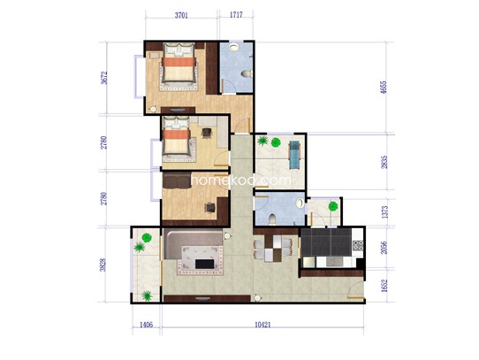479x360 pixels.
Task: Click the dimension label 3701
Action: pos(181,15)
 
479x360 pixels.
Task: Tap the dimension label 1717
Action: pos(236,15)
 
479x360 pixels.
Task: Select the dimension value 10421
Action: pos(262,325)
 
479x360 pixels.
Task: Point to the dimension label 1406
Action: pos(146,325)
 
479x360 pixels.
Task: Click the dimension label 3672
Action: pos(104,78)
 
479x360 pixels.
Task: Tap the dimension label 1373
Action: pos(384,212)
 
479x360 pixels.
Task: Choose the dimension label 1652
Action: pos(384,286)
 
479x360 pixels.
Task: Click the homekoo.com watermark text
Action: pos(241,180)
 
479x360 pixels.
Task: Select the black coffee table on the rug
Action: pos(205,264)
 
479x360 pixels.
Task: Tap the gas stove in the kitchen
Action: pos(358,245)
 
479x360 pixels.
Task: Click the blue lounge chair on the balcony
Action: pos(295,155)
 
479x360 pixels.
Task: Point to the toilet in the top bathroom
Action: pos(247,73)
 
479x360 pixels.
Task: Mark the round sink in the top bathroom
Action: pos(234,47)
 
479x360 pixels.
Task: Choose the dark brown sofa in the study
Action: pos(177,180)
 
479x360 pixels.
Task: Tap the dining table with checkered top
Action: pos(273,249)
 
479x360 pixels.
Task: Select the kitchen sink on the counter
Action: pos(335,262)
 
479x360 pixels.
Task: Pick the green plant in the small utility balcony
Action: pos(333,206)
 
